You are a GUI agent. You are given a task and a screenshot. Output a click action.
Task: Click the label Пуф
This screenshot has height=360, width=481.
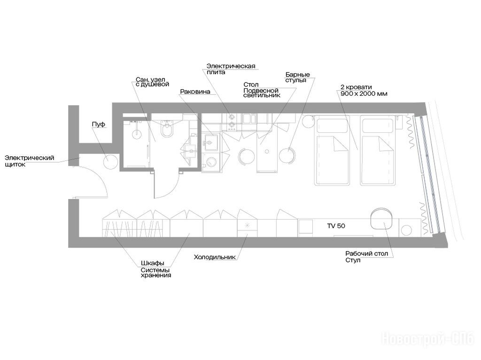click(x=99, y=124)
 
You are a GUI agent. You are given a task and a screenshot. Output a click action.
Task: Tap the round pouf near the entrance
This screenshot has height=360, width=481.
click(x=110, y=161)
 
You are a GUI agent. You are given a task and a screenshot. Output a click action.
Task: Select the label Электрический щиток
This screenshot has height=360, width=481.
click(x=30, y=161)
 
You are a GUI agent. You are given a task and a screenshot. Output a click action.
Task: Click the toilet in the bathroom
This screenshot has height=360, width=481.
click(x=167, y=129)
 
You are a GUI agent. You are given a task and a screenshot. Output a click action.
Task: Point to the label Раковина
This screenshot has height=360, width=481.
click(x=195, y=92)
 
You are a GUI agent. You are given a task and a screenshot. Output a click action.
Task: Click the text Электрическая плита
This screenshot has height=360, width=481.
click(x=231, y=69)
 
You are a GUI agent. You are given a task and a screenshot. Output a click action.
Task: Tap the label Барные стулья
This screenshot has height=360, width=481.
click(x=297, y=77)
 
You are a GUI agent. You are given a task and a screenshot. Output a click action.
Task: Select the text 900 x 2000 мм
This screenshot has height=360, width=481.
click(x=364, y=94)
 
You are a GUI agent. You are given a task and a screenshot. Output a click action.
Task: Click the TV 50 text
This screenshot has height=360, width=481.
click(x=336, y=226)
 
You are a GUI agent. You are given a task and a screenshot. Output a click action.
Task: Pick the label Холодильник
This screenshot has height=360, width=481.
click(x=215, y=257)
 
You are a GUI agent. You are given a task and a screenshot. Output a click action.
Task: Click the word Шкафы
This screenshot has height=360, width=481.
click(x=153, y=263)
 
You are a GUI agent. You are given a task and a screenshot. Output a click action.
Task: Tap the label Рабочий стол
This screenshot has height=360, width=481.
click(x=366, y=253)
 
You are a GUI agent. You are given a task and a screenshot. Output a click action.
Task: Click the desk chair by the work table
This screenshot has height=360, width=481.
click(x=380, y=218)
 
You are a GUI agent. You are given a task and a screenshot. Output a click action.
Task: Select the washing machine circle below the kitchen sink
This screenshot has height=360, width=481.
click(x=211, y=162)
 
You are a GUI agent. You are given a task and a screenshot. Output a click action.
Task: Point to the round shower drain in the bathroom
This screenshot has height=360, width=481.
click(x=137, y=134)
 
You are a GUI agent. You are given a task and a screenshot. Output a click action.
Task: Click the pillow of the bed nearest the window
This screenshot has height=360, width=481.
click(x=379, y=125)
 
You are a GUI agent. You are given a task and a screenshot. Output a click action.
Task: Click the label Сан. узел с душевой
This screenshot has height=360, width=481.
click(x=153, y=82)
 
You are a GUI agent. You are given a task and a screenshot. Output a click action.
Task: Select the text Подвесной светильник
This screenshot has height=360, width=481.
click(x=262, y=92)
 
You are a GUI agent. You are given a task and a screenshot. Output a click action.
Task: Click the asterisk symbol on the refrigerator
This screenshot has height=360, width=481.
click(x=247, y=225)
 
